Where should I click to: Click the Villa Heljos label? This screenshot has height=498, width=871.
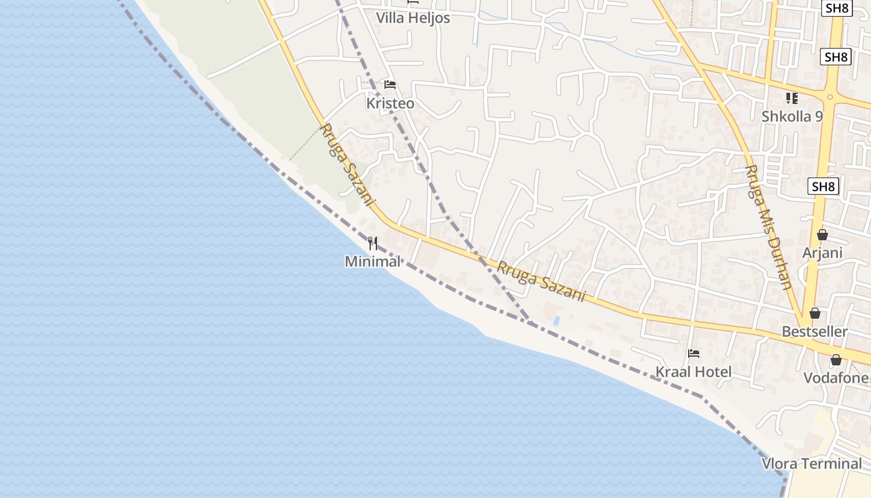coord(412,18)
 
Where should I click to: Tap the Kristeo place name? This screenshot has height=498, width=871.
coord(390,103)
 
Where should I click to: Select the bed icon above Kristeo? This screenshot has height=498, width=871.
coord(390,85)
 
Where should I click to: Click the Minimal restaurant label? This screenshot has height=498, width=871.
coord(373,261)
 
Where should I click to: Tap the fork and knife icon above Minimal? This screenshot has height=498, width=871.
coord(373,243)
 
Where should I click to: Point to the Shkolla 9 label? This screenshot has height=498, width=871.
coord(792,116)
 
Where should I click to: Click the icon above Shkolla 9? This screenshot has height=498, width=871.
coord(791,98)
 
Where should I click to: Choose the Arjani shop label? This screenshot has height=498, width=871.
coord(822,253)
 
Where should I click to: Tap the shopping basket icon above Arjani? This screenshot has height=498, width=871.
coord(822,235)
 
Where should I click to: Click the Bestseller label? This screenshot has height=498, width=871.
coord(814,331)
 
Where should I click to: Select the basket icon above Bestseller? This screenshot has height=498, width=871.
coord(814,313)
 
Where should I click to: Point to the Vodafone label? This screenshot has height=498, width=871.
coord(836,378)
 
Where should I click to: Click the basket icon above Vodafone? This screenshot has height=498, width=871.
coord(836,360)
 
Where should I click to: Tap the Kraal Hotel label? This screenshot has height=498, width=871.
coord(694,372)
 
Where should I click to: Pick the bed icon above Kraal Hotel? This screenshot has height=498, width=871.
coord(694,354)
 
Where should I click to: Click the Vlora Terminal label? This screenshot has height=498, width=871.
coord(812,464)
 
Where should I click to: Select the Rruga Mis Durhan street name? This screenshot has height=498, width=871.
coord(769,227)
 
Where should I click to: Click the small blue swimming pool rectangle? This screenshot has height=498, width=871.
coord(556,320)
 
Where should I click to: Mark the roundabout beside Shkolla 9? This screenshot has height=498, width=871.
coord(829,96)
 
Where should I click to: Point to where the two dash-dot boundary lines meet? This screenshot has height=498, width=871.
coord(531,322)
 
